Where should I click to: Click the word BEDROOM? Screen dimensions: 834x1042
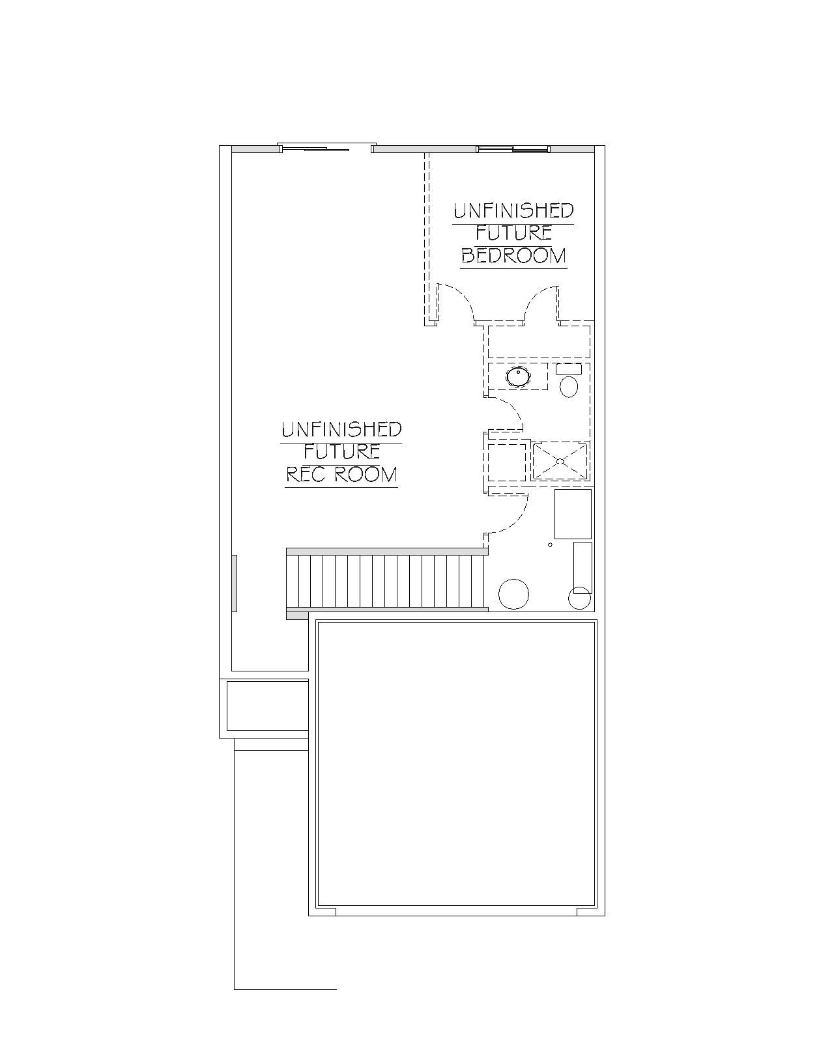click(x=513, y=255)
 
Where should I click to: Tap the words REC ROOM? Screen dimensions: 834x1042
click(x=341, y=475)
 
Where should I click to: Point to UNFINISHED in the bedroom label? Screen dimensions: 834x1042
click(x=513, y=210)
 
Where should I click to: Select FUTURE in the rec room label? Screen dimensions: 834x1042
click(x=341, y=452)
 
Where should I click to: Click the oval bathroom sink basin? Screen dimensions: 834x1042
click(x=519, y=376)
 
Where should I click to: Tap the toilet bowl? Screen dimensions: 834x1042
click(x=569, y=387)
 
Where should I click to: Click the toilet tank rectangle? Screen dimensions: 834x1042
click(x=568, y=369)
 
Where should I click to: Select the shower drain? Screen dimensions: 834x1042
click(x=560, y=460)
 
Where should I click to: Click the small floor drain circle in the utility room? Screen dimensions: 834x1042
click(x=550, y=544)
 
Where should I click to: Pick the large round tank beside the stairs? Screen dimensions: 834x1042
click(x=513, y=594)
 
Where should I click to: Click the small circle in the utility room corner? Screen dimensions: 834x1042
click(x=579, y=598)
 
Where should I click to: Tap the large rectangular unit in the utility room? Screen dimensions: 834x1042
click(x=573, y=514)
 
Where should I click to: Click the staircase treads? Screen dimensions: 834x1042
click(x=385, y=580)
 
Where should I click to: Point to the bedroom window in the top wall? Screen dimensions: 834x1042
click(x=513, y=148)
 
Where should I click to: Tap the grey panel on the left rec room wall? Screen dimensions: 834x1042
click(x=235, y=584)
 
